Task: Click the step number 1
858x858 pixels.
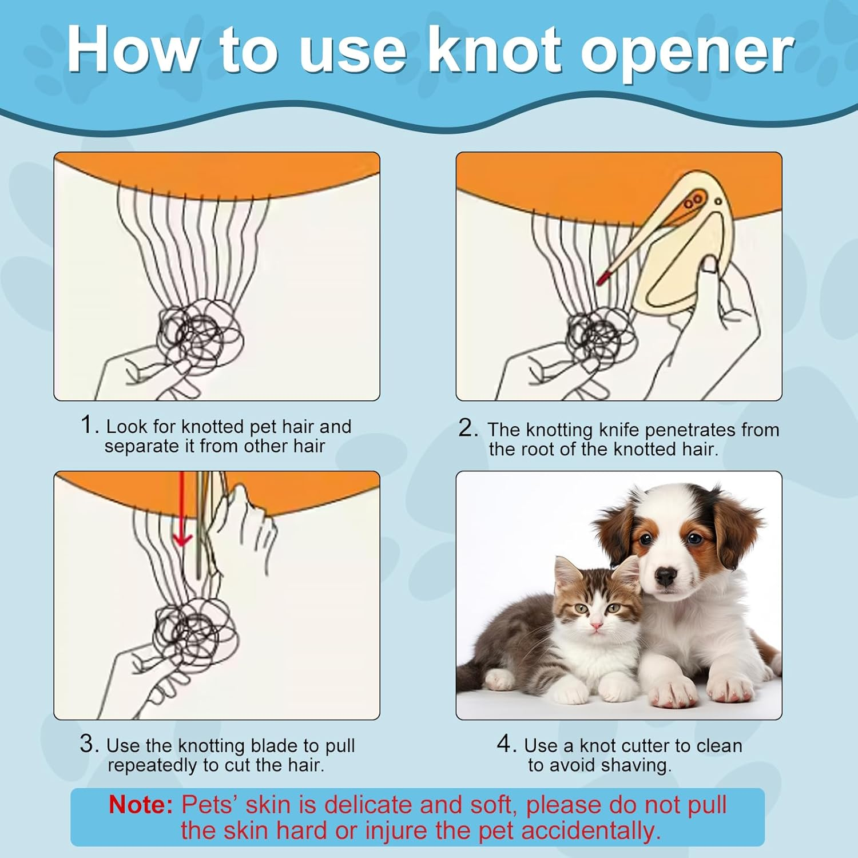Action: coord(90,425)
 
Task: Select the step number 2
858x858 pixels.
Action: coord(468,428)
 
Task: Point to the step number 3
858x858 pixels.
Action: coord(89,744)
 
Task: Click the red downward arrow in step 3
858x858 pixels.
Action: coord(182,509)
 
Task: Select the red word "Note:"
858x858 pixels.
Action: coord(141,805)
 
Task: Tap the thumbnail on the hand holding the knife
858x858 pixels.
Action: coord(710,264)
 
